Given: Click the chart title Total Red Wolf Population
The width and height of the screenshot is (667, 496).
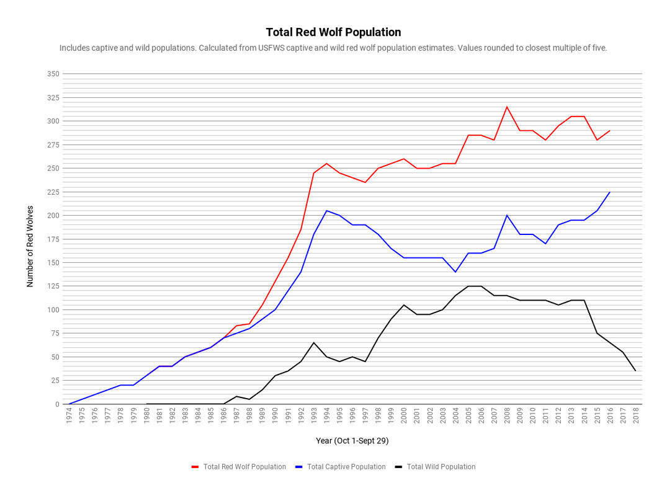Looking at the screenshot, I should tap(333, 32).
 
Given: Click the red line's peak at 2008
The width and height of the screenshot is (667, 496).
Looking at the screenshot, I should tap(507, 107).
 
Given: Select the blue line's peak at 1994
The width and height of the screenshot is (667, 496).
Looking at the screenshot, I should tap(327, 211).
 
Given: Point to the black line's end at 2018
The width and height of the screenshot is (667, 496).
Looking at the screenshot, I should tap(635, 371).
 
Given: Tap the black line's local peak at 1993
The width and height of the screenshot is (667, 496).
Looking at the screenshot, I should tap(314, 343).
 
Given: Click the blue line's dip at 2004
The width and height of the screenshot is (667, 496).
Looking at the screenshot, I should tap(455, 272).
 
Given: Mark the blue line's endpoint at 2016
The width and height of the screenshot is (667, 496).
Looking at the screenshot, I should tap(610, 192).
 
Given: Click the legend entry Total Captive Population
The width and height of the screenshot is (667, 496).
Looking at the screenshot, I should tap(346, 467).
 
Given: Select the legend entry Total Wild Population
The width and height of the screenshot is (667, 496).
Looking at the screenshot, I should tap(441, 467).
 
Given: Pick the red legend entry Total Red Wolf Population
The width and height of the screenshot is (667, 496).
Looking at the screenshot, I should tap(244, 467).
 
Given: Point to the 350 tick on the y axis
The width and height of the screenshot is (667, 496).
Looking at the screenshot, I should tap(53, 74).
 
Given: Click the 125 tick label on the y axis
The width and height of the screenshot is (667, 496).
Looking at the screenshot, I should tap(53, 286).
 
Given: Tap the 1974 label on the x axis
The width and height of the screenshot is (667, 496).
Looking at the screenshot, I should tap(69, 415).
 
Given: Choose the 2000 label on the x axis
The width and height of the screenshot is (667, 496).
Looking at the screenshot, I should tap(404, 415).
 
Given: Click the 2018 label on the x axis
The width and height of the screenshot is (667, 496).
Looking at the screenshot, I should tap(635, 415).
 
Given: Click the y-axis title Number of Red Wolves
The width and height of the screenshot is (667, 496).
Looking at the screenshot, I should tap(30, 247).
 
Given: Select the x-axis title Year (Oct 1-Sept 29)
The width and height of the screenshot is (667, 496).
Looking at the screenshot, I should tap(352, 441).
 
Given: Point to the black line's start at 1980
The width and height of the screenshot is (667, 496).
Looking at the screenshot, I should tap(146, 404).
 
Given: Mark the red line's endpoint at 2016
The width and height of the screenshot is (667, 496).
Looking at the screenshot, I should tap(610, 130).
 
